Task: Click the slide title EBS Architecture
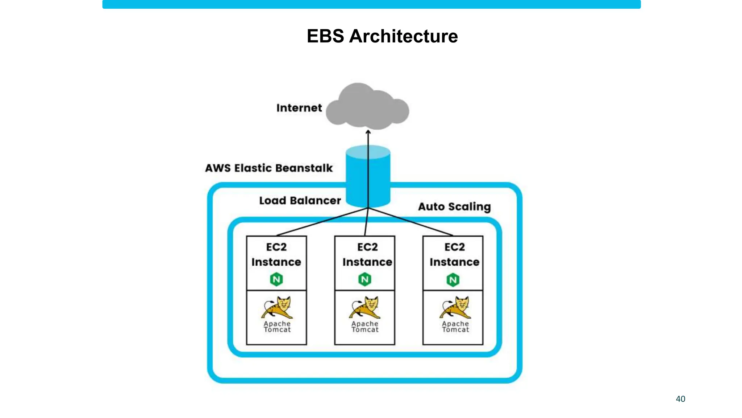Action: tap(382, 36)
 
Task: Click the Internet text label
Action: tap(299, 108)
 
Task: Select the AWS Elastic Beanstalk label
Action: tap(268, 168)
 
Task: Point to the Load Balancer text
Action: tap(300, 200)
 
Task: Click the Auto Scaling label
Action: tap(454, 206)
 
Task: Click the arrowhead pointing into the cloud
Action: tap(368, 132)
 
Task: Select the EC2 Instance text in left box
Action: tap(276, 254)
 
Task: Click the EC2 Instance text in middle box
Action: tap(367, 254)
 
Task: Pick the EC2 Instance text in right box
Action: tap(454, 254)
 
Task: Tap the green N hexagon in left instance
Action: tap(276, 279)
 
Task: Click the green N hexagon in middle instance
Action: tap(364, 279)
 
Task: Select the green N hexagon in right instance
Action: tap(453, 280)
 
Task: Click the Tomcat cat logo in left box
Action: tap(278, 307)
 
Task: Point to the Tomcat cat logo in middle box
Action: tap(365, 307)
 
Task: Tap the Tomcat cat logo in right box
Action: tap(456, 307)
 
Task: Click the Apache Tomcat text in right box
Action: tap(455, 327)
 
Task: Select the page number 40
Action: tap(680, 399)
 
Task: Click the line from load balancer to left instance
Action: tap(322, 222)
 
